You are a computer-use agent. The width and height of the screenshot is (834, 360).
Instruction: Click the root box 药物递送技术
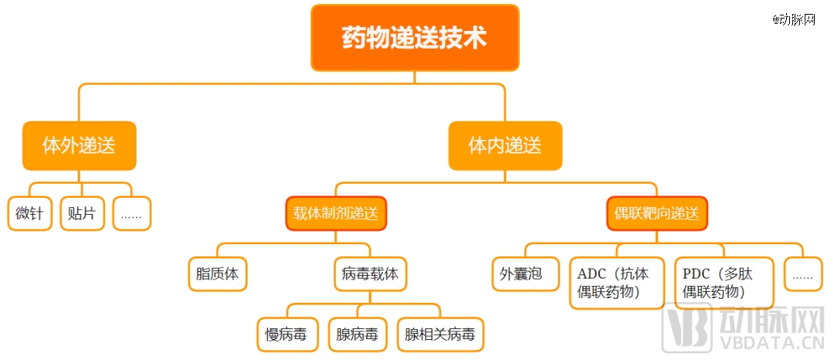pos(415,38)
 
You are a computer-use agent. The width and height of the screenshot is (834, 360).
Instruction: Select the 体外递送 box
pos(80,146)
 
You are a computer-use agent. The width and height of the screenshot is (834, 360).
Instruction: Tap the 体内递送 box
pos(505,146)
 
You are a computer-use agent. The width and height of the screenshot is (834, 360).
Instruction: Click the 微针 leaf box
pos(30,214)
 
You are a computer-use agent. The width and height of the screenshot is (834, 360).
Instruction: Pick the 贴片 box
pos(82,214)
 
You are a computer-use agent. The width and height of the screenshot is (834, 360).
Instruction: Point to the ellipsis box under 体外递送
pos(131,214)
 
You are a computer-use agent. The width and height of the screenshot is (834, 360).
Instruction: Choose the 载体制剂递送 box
pos(336,214)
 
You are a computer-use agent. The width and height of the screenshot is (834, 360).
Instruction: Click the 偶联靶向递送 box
pos(657,214)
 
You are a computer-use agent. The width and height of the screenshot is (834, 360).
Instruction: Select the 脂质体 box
pos(218,274)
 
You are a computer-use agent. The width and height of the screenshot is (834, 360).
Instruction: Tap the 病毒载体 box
pos(370,274)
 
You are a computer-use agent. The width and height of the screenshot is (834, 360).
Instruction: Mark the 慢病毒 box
pos(288,335)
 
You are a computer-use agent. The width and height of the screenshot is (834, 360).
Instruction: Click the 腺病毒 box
pos(358,335)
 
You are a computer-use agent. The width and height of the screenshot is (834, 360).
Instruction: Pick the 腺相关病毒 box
pos(440,335)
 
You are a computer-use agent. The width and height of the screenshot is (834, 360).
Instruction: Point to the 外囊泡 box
pos(526,274)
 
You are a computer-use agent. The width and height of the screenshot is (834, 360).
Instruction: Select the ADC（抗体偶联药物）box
pos(617,284)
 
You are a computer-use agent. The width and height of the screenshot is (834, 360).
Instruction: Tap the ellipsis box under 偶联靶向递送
pos(803,274)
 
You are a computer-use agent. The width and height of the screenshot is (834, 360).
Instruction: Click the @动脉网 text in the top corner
pos(794,19)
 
